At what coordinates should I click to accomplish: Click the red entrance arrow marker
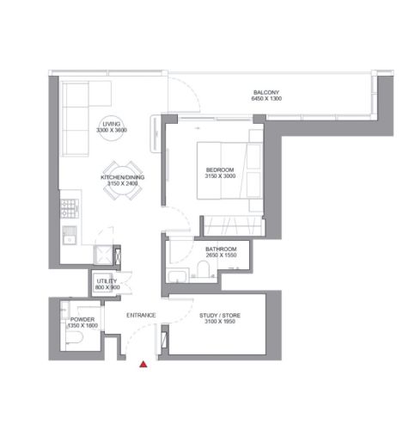point(143,365)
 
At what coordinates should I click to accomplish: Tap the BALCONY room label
point(266,92)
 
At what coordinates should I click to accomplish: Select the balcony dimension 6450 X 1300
point(266,99)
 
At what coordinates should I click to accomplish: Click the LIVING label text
point(112,124)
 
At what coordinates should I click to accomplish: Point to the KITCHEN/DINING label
point(122,177)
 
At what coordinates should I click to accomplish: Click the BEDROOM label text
point(220,169)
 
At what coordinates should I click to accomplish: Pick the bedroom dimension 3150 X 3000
point(220,176)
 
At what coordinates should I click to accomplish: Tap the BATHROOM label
point(221,249)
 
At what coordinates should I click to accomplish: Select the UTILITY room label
point(107,281)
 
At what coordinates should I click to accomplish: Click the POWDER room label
point(82,319)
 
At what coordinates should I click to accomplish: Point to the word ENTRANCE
point(141,315)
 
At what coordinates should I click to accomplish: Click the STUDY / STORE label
point(220,316)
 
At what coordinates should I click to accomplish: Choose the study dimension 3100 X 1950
point(220,322)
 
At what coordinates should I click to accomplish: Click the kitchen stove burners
point(70,208)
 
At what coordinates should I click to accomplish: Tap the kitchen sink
point(70,235)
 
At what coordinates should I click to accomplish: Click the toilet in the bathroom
point(204,269)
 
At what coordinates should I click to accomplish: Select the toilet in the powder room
point(74,337)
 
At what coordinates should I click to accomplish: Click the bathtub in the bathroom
point(177,276)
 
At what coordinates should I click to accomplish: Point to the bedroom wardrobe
point(234,225)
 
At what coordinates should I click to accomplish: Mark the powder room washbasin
point(64,310)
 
